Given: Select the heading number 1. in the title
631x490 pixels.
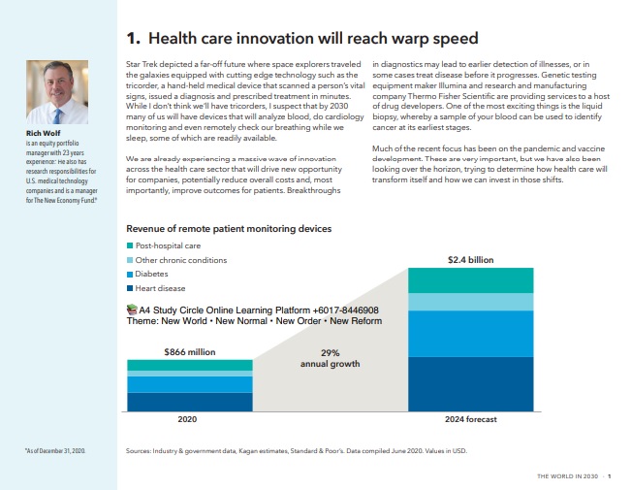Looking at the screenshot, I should point(134,39).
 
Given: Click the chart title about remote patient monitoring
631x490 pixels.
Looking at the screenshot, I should point(229,229).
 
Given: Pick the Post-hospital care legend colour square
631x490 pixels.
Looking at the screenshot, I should point(131,246).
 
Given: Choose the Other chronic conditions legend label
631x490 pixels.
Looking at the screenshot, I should point(181,260).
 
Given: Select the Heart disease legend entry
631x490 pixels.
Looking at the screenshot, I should point(161,288).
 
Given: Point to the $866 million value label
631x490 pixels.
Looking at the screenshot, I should point(189,351).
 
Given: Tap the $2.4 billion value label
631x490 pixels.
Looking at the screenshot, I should point(469,260).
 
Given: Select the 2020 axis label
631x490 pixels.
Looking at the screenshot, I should point(189,419).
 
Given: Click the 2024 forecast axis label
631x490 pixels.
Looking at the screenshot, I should point(470,419).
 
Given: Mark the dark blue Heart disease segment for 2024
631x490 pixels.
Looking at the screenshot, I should point(470,383).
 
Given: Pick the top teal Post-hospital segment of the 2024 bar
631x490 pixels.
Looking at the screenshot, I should point(470,280).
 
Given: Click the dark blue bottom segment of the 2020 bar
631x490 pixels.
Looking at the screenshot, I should point(189,402).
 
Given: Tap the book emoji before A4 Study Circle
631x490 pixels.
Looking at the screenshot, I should point(133,310).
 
